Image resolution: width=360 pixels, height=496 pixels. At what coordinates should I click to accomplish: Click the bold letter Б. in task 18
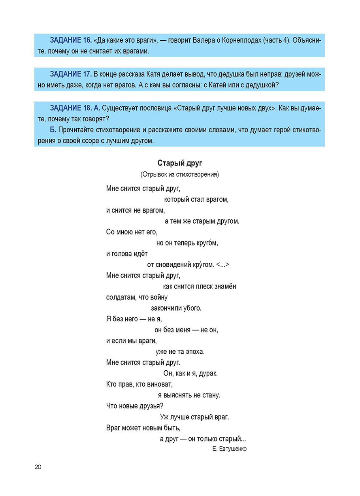click(53, 130)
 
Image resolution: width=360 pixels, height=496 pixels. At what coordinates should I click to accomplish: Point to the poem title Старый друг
click(180, 163)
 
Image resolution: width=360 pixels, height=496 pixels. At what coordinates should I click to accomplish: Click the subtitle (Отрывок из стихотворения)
click(179, 174)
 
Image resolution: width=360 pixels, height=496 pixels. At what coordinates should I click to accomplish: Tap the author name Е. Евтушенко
click(229, 449)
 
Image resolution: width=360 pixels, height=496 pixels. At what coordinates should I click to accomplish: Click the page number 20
click(38, 467)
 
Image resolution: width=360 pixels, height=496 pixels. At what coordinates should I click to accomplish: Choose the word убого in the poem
click(192, 308)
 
